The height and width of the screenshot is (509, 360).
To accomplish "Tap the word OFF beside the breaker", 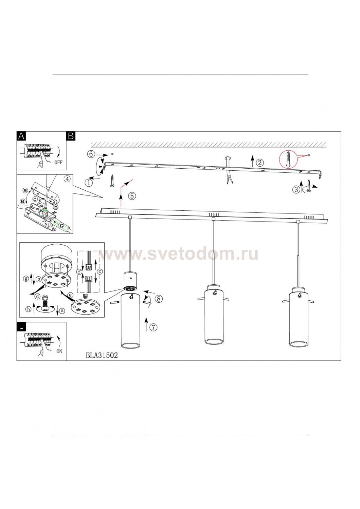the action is (58, 163).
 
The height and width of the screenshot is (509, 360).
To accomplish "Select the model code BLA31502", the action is (102, 355).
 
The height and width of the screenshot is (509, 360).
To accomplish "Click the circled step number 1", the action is (89, 183).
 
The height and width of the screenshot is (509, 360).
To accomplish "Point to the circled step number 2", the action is (260, 163).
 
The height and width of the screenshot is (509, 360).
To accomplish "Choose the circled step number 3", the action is (296, 189).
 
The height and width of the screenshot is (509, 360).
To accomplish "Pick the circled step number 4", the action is (67, 179).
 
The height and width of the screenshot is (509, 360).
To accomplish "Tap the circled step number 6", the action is (91, 154).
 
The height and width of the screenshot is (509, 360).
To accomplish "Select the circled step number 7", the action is (154, 327).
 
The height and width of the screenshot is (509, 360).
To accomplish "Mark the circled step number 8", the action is (159, 299).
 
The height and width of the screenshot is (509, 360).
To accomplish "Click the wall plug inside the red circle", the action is (288, 160).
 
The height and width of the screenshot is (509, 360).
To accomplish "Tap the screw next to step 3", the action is (309, 186).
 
